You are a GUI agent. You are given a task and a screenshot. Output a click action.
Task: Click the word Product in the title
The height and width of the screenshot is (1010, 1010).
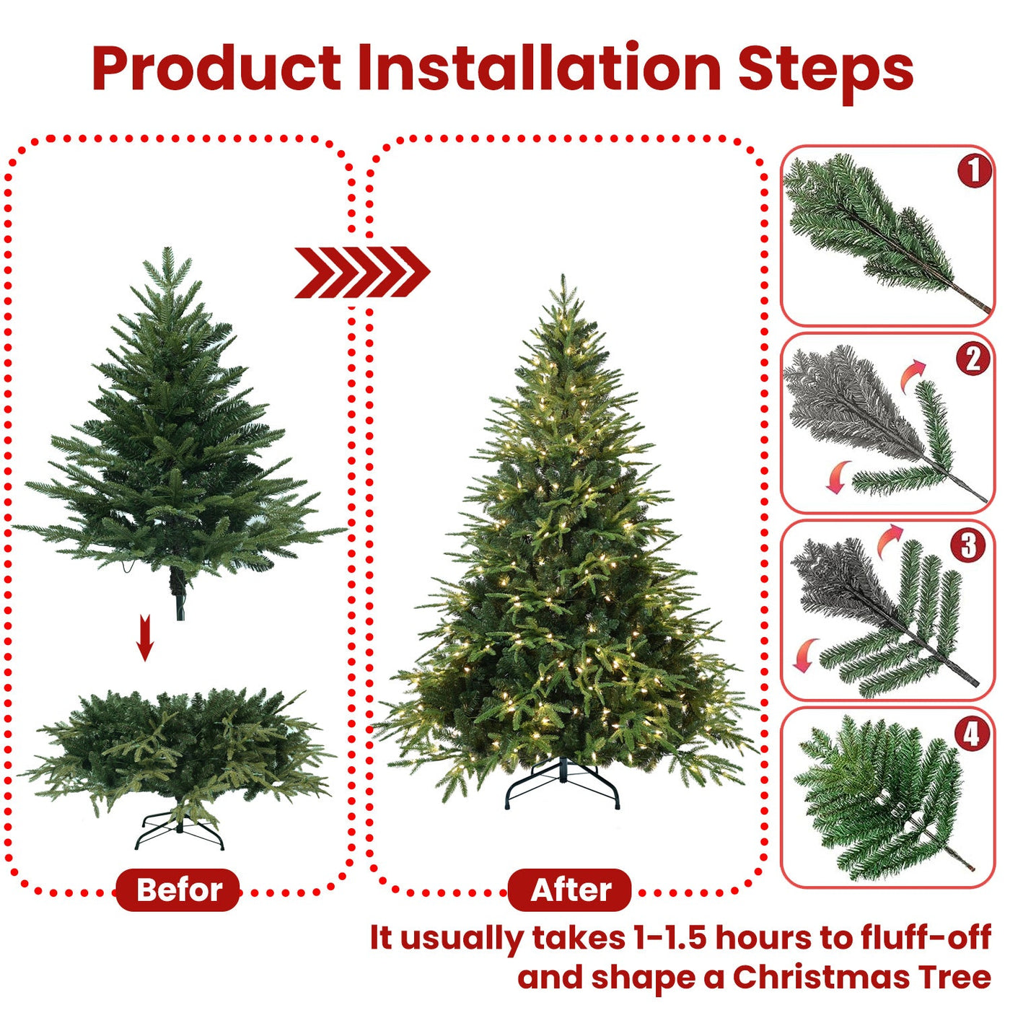coord(216,69)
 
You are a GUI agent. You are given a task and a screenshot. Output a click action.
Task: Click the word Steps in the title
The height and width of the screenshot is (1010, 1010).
coord(825,71)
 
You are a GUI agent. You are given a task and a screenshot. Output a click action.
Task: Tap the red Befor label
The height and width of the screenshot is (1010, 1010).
coord(178,890)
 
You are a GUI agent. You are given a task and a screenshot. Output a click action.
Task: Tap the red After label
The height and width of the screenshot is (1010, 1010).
coord(570,890)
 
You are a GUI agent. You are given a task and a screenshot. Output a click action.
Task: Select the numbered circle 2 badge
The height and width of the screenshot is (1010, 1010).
coord(973,358)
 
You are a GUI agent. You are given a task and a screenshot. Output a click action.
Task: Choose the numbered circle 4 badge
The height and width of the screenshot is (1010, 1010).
coord(972,733)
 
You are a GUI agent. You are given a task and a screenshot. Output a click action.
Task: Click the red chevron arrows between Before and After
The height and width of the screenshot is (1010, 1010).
coord(362,272)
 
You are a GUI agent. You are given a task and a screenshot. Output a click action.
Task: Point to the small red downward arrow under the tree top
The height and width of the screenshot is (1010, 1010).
coord(145,637)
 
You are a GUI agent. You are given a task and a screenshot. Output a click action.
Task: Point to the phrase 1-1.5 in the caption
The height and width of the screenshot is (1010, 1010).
coord(668,937)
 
